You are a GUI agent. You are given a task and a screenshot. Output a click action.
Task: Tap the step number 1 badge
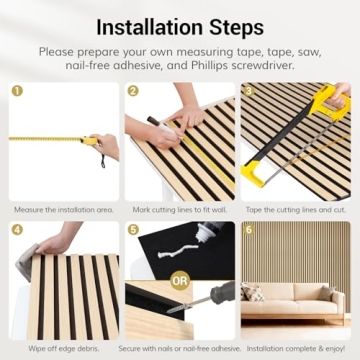(17, 90)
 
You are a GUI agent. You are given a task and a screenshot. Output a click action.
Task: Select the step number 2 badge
(133, 90)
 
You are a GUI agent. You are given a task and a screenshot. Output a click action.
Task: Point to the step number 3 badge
(249, 90)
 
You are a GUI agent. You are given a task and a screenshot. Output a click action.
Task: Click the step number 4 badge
(17, 230)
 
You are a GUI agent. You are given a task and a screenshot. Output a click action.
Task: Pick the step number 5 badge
(133, 230)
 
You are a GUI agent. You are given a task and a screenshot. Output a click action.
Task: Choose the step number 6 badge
(249, 230)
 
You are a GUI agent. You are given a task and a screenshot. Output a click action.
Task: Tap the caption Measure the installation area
(63, 210)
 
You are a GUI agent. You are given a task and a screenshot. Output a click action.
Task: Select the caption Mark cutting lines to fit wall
(180, 210)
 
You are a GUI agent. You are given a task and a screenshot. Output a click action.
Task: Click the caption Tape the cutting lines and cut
(296, 210)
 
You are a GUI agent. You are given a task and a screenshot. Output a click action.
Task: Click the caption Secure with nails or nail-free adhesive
(180, 350)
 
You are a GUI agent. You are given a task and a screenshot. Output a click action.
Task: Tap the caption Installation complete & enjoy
(296, 350)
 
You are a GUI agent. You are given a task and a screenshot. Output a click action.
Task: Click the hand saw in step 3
(300, 140)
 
